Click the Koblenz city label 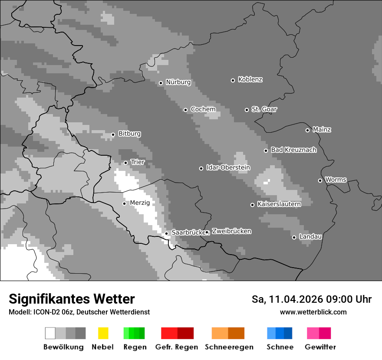250,80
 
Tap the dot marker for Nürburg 161,83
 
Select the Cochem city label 203,109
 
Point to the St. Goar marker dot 247,110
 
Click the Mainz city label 322,130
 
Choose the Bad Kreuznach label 293,150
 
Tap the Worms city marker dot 320,180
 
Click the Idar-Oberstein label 228,168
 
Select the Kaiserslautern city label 279,204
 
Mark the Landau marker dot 294,237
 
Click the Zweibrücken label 231,231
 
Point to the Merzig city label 139,203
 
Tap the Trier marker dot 125,163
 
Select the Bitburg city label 129,134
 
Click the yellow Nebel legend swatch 103,333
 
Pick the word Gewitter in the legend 320,347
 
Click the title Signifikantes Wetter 72,299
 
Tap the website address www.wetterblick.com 313,312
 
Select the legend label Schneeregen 229,347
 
